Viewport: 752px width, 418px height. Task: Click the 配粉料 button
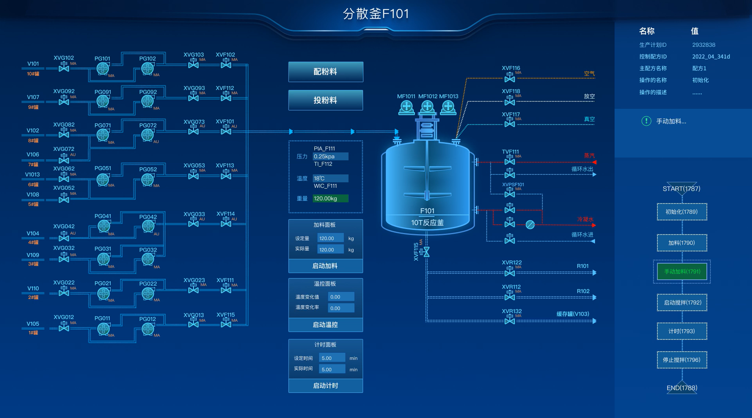325,72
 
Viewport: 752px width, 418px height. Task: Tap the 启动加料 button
325,266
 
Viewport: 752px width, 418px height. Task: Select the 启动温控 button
325,325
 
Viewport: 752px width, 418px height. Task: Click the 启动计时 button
325,386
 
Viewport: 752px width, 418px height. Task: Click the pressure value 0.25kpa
330,156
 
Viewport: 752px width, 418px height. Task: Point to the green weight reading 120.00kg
330,198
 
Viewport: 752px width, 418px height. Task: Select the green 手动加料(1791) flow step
682,271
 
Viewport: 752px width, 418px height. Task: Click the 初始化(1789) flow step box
682,212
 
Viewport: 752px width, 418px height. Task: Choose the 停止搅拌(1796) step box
682,360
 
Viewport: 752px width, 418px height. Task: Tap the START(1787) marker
681,189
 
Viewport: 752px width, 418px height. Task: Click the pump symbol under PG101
103,69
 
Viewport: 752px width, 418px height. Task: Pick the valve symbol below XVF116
509,78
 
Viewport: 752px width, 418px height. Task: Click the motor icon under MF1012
427,106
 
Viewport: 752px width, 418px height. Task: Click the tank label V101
33,64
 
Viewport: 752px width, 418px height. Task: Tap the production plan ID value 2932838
703,45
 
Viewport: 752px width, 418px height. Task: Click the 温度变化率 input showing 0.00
341,308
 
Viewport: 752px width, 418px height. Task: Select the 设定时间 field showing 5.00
332,358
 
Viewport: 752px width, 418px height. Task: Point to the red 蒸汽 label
589,156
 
